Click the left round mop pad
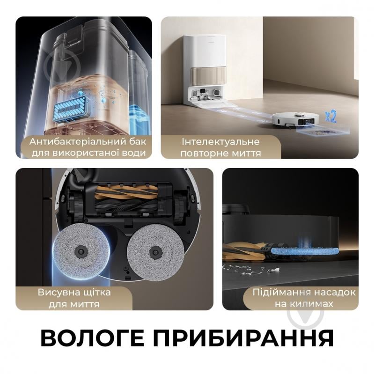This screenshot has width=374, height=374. pos(82,251)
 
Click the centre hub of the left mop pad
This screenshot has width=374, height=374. pos(82,251)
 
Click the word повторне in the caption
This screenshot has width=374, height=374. pos(205,153)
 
